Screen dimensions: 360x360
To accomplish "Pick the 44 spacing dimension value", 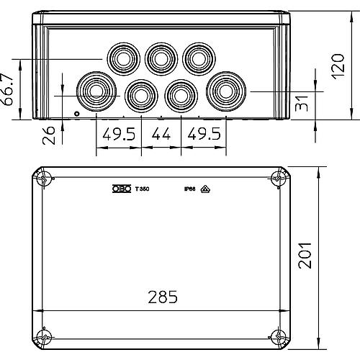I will [x=163, y=134].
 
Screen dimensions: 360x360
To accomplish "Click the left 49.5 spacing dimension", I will [x=119, y=134].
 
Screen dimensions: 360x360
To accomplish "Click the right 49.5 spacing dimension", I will [x=206, y=134].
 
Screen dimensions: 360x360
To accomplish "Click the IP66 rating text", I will [x=189, y=189].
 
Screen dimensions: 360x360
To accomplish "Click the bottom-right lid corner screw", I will [x=278, y=336].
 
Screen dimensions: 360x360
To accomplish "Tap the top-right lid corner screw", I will [x=278, y=179].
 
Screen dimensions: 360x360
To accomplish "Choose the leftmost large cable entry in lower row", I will [x=95, y=89].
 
